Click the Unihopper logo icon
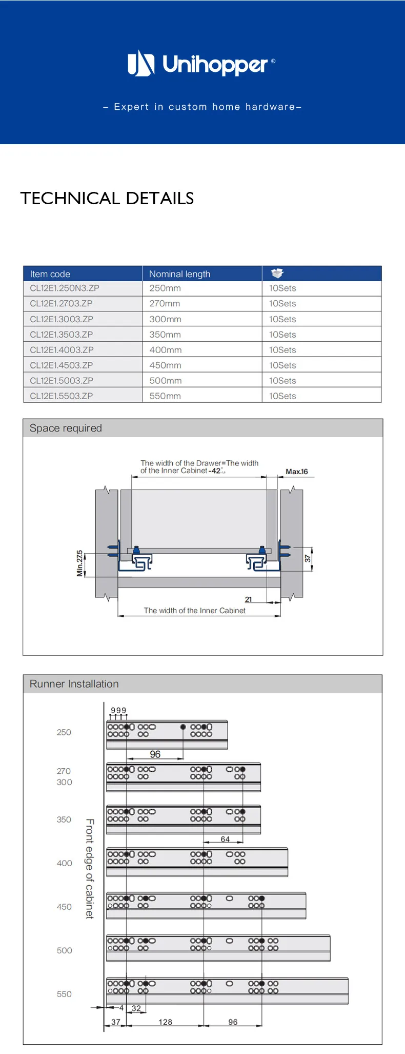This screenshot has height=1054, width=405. click(x=141, y=63)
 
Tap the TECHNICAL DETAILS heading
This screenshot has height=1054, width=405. click(x=107, y=198)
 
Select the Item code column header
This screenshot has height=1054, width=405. click(x=50, y=274)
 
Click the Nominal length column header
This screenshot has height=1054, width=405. click(x=179, y=274)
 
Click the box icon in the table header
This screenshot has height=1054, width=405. click(x=277, y=273)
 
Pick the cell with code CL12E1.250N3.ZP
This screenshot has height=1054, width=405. click(x=65, y=288)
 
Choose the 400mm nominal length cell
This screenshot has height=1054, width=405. click(x=166, y=350)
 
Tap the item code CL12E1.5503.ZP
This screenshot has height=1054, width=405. click(x=62, y=396)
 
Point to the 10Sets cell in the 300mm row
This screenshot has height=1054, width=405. click(x=282, y=319)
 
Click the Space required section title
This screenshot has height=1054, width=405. click(x=66, y=428)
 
